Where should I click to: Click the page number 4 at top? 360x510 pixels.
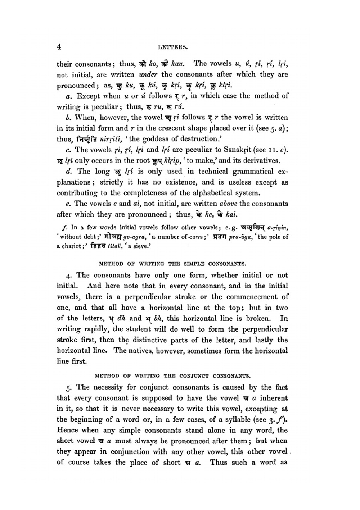pyautogui.click(x=59, y=46)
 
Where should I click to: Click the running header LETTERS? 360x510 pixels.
pyautogui.click(x=174, y=47)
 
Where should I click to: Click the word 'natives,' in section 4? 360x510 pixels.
pyautogui.click(x=144, y=351)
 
